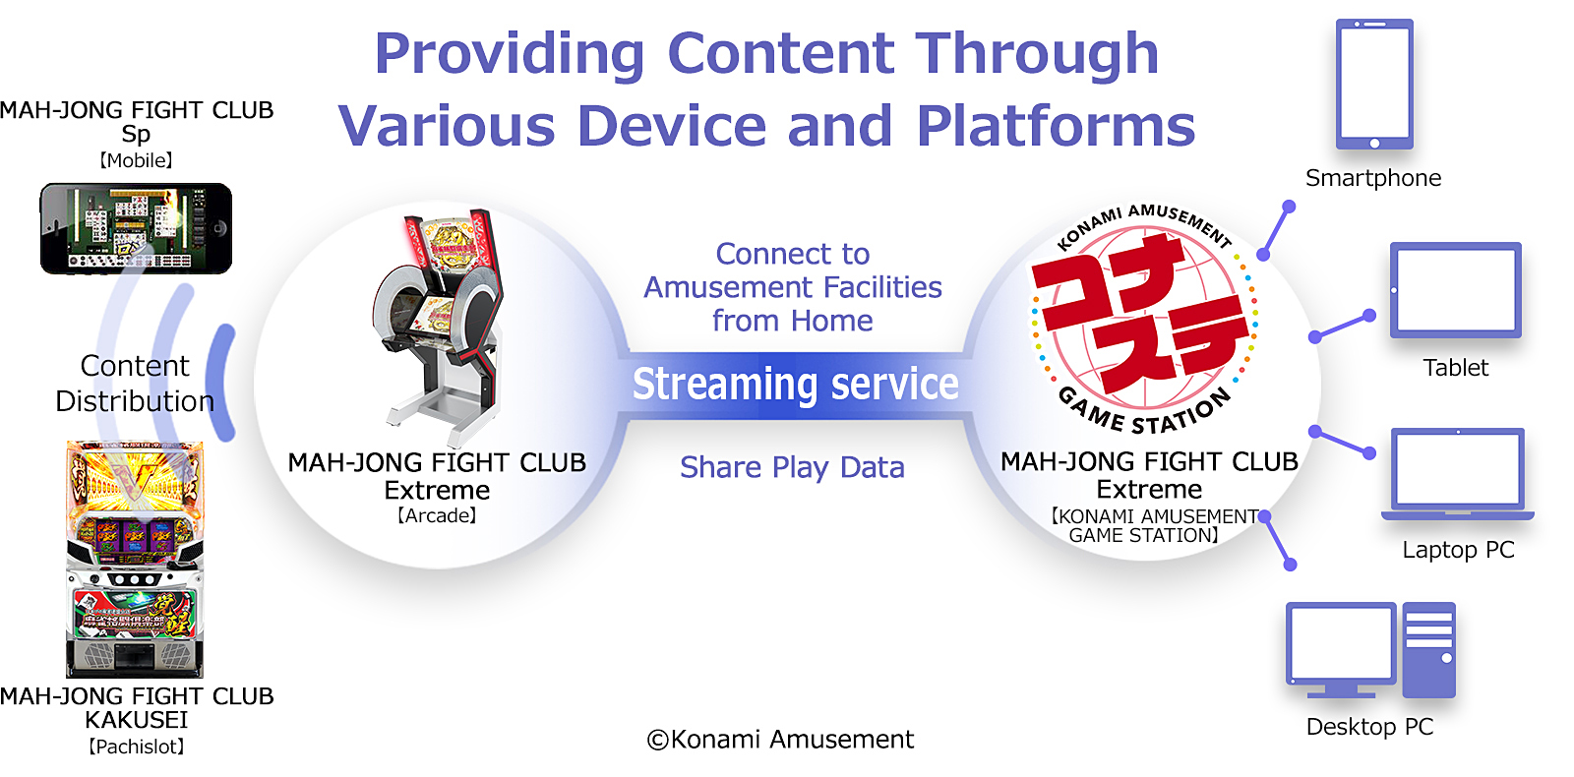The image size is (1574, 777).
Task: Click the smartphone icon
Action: (x=1374, y=85)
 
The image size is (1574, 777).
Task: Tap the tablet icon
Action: (x=1456, y=290)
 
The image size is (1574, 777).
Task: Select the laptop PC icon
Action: (x=1458, y=474)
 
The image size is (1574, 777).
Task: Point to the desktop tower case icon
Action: (x=1428, y=650)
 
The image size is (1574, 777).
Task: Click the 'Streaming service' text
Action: (x=796, y=385)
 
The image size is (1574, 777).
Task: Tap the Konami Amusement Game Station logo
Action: (x=1144, y=319)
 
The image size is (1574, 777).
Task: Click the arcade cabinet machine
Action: (x=439, y=327)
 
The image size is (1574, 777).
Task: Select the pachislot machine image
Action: (x=135, y=560)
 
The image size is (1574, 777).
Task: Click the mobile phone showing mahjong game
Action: (x=136, y=228)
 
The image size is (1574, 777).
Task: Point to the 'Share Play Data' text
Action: (x=792, y=468)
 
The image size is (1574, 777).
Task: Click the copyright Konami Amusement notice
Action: (x=780, y=739)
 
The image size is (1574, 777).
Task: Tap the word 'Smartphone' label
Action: (x=1373, y=178)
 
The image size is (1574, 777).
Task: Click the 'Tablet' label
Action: (x=1455, y=368)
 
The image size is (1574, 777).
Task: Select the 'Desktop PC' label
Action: (x=1369, y=727)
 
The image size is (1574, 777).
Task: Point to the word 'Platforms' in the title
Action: (x=1056, y=127)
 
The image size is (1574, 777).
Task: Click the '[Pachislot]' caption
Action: (x=137, y=747)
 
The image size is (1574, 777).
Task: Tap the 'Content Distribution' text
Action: (x=135, y=384)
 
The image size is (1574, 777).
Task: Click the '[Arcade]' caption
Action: (x=437, y=515)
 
